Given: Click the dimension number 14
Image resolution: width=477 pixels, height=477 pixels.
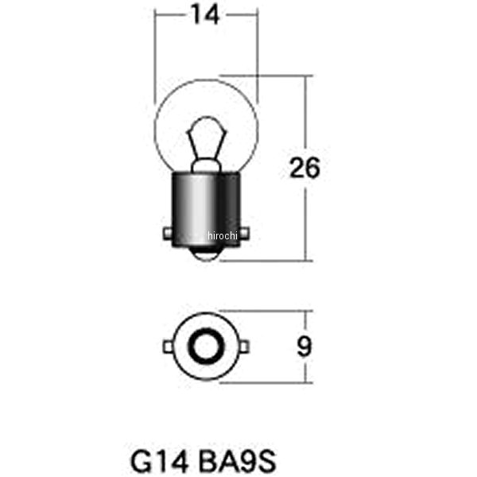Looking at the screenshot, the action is coord(205,15).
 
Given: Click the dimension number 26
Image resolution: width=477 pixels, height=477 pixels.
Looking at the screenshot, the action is coord(304,168).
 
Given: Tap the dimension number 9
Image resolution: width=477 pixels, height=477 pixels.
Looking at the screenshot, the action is coord(304,347).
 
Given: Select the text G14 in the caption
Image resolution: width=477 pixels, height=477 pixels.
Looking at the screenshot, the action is coord(159,461).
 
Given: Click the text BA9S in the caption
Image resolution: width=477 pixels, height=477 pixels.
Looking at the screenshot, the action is coord(237,461).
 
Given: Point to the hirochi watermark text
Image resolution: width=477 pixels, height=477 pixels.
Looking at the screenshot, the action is coord(222,235).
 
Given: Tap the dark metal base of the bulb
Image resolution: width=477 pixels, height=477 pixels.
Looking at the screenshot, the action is coord(206,210).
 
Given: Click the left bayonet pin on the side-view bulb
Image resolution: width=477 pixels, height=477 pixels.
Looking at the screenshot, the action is coord(168,234).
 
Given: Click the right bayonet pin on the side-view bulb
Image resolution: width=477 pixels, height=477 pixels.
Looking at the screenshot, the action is coord(245,234).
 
